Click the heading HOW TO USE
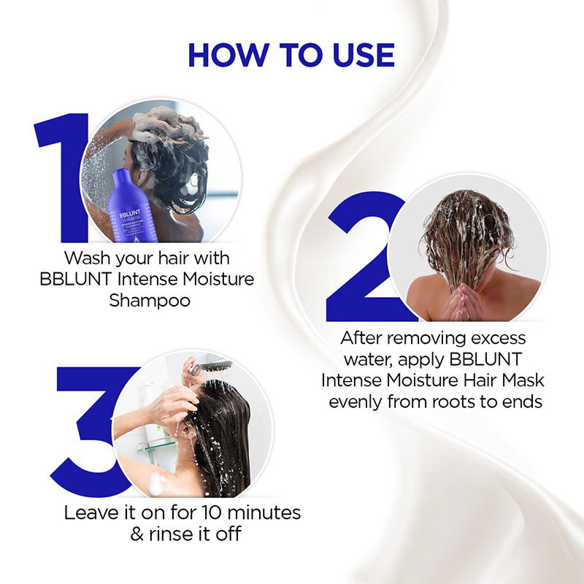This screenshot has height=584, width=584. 291,56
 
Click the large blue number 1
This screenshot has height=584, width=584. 61,175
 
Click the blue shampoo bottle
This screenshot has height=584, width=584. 127,208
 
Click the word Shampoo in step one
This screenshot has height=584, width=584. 150,300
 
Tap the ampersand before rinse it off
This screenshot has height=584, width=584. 137,534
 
